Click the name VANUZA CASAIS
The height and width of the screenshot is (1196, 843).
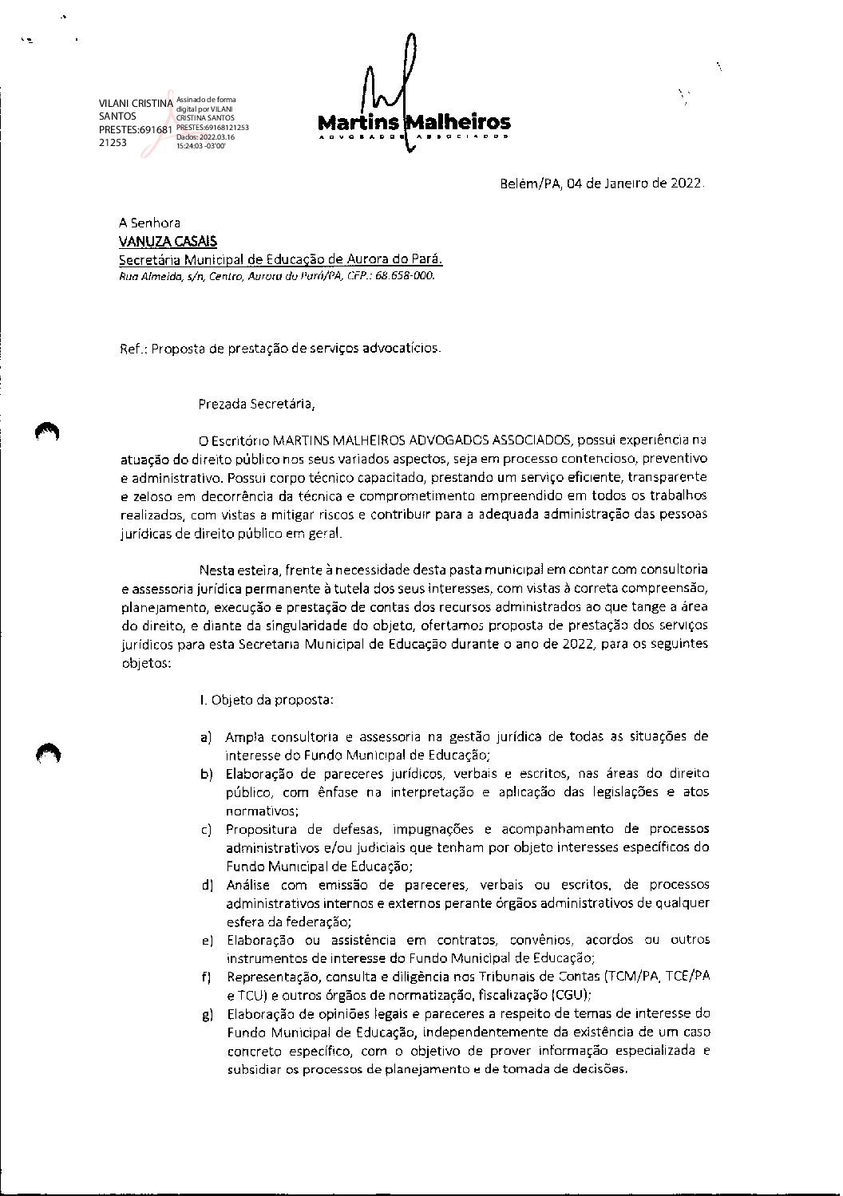167,242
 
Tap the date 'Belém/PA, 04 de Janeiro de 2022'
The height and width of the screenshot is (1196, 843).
601,184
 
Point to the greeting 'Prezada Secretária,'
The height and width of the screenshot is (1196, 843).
256,404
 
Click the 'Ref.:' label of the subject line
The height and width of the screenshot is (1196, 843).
133,349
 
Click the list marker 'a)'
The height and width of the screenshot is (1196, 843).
207,736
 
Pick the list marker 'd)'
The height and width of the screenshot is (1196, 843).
207,885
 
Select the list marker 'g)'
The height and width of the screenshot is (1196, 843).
207,1015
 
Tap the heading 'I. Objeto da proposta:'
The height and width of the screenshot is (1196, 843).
266,701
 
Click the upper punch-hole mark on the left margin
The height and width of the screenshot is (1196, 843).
48,431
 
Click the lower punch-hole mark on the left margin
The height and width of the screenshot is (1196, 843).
48,752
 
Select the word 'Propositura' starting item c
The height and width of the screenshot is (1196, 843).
259,829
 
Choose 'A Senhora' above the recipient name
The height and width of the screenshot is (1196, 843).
149,223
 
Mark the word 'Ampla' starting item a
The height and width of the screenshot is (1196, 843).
243,736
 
